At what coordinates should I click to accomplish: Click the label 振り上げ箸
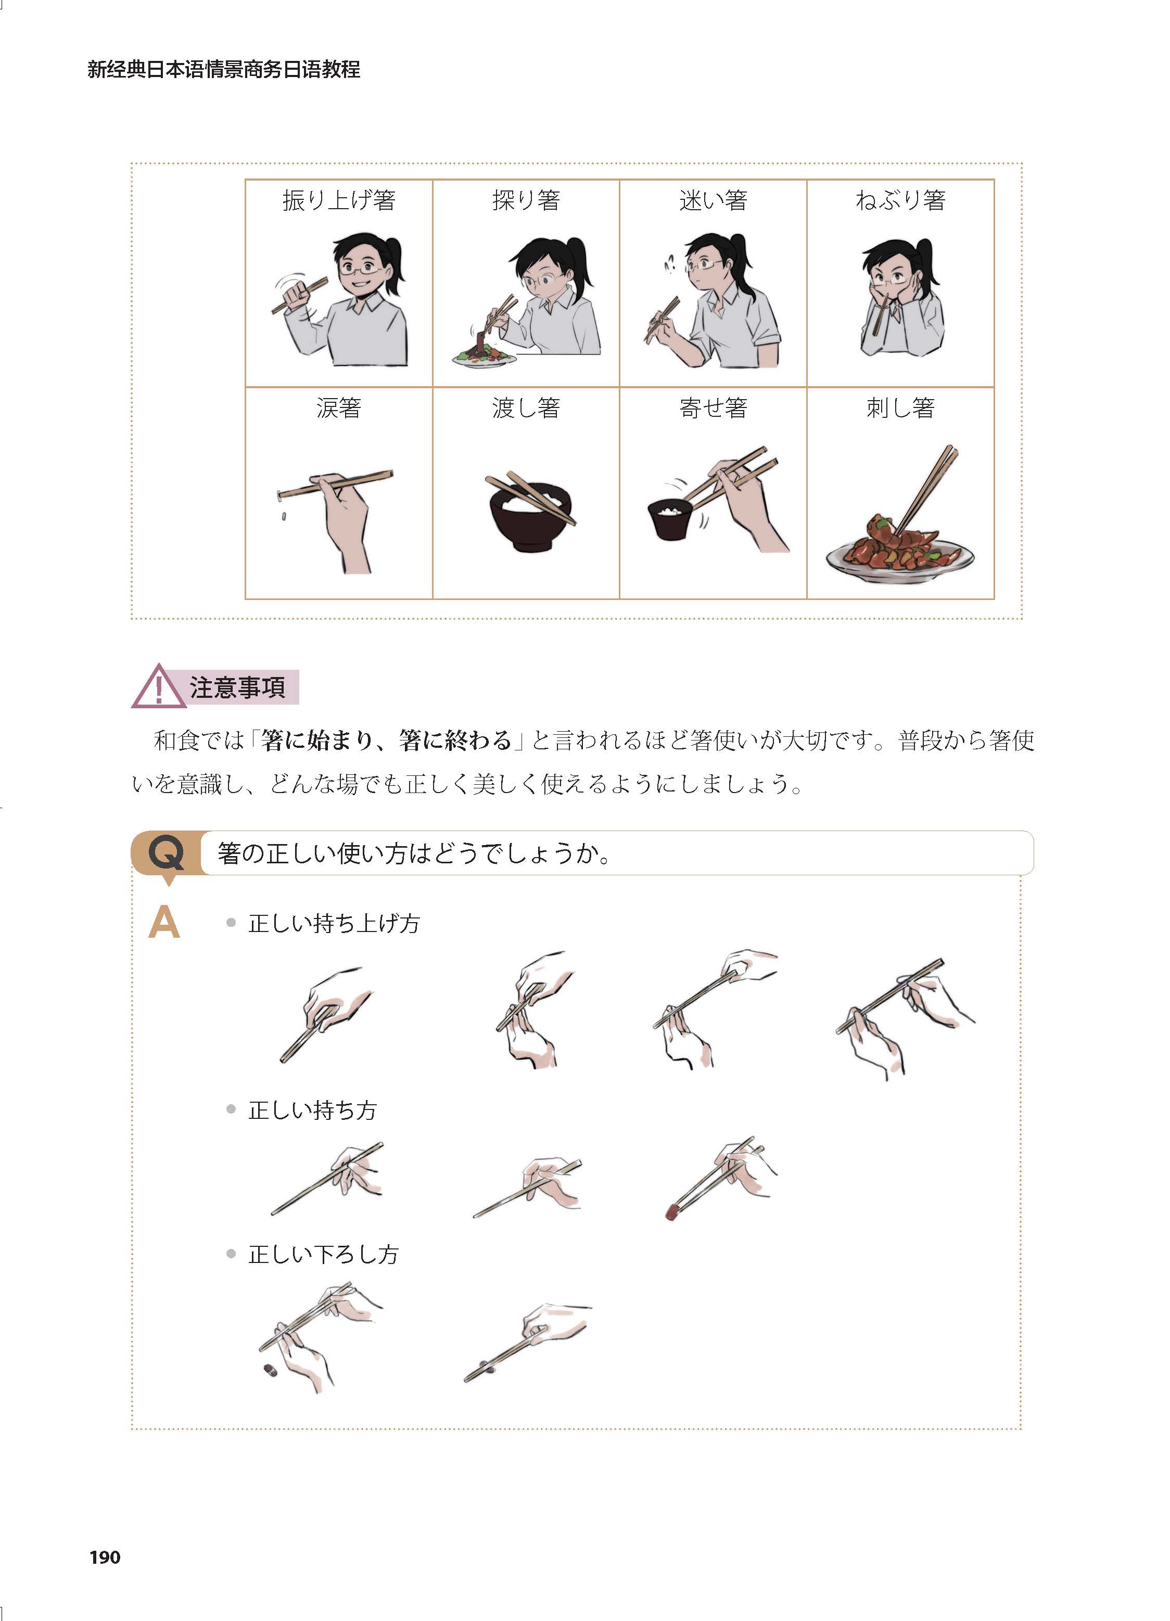coord(339,200)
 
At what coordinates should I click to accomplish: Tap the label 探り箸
coord(526,200)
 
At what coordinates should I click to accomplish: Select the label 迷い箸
coord(713,200)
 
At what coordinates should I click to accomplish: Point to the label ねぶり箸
coord(900,200)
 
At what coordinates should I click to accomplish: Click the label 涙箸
coord(339,408)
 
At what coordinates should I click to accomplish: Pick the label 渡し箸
coord(526,408)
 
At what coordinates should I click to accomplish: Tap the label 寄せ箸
coord(713,408)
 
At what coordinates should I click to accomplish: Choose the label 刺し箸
coord(900,408)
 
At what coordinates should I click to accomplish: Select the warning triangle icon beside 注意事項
coord(159,687)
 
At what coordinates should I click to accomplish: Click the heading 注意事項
coord(237,687)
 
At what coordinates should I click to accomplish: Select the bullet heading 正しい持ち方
coord(312,1110)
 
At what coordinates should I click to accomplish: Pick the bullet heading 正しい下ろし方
coord(323,1254)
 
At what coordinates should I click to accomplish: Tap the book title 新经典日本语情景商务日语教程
coord(224,69)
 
